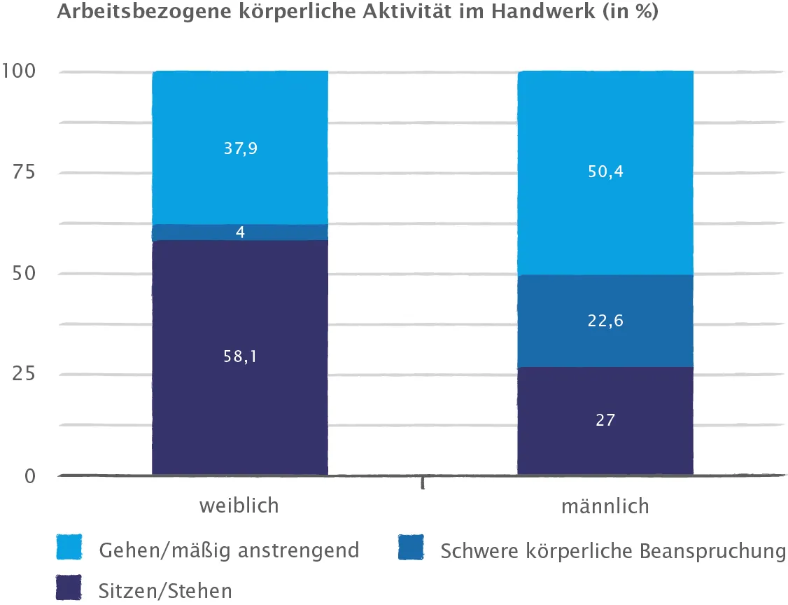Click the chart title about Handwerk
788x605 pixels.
click(x=357, y=13)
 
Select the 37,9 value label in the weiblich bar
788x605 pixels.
click(x=240, y=148)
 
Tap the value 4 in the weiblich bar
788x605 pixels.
click(x=240, y=232)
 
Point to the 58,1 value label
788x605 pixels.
click(x=240, y=356)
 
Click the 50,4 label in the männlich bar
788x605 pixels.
click(x=605, y=172)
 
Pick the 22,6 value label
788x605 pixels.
click(x=605, y=321)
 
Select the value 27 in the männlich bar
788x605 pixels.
click(x=605, y=420)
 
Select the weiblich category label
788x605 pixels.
click(x=239, y=506)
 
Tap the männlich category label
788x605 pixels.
click(x=605, y=506)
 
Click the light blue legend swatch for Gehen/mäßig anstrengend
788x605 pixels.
click(x=69, y=548)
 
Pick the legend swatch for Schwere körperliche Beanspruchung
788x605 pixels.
click(x=411, y=548)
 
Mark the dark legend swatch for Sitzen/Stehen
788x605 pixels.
click(x=69, y=587)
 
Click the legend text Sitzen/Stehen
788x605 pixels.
click(x=165, y=591)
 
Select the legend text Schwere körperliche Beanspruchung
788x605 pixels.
click(x=613, y=551)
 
